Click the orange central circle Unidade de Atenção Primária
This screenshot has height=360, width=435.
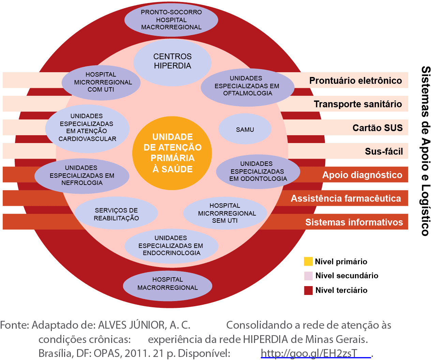172,153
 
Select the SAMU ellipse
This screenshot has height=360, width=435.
245,129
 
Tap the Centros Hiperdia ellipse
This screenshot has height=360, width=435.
172,61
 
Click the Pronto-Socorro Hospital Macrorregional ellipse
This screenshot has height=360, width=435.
171,20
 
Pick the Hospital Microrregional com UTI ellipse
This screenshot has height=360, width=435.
101,82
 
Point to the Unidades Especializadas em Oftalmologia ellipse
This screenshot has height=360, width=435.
247,86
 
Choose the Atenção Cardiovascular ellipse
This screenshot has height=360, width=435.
87,128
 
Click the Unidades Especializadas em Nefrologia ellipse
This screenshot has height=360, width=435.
82,175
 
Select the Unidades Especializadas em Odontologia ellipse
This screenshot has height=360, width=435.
258,171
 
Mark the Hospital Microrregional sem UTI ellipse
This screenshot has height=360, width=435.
225,213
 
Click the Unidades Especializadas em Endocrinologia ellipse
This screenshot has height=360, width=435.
171,246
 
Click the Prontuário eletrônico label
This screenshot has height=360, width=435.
356,81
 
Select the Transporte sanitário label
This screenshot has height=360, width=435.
358,104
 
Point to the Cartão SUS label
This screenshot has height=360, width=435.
377,128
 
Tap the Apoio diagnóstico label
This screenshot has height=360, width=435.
362,175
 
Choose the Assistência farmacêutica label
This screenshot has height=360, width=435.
346,199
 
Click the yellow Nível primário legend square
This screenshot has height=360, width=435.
308,262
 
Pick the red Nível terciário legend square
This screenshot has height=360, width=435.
308,290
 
